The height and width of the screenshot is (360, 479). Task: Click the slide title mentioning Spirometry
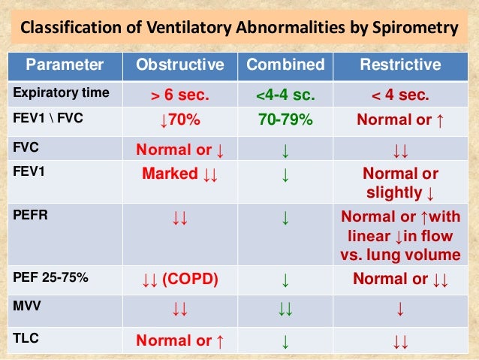[x=239, y=29]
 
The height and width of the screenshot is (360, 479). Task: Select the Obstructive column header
[x=179, y=65]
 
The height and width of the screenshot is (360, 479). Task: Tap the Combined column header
[x=285, y=65]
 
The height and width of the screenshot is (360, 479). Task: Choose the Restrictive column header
[x=400, y=65]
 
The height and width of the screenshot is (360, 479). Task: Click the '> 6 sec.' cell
[x=179, y=95]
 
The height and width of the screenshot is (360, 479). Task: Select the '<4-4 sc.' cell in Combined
[x=285, y=95]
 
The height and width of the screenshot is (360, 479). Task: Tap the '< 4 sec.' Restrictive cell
[x=400, y=95]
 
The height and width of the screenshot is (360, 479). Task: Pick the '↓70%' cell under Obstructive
[x=179, y=119]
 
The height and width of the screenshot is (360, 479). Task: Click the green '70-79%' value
[x=285, y=119]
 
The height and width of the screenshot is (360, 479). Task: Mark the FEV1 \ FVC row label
[x=46, y=119]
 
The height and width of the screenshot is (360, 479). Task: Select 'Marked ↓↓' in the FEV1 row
[x=179, y=174]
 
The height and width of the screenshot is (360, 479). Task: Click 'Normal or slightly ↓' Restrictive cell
[x=400, y=183]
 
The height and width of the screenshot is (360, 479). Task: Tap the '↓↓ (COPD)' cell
[x=179, y=280]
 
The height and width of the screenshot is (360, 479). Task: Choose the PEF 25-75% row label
[x=49, y=278]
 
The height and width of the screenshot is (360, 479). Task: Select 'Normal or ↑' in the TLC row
[x=179, y=340]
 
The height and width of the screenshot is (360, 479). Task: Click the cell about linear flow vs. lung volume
[x=400, y=234]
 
